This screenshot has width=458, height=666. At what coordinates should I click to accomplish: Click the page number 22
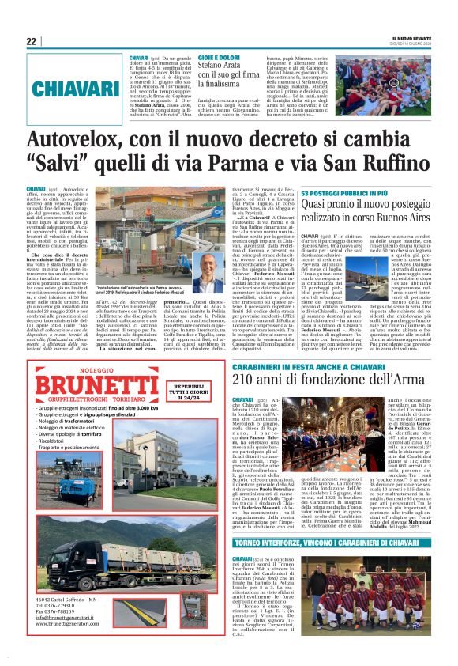coord(32,41)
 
